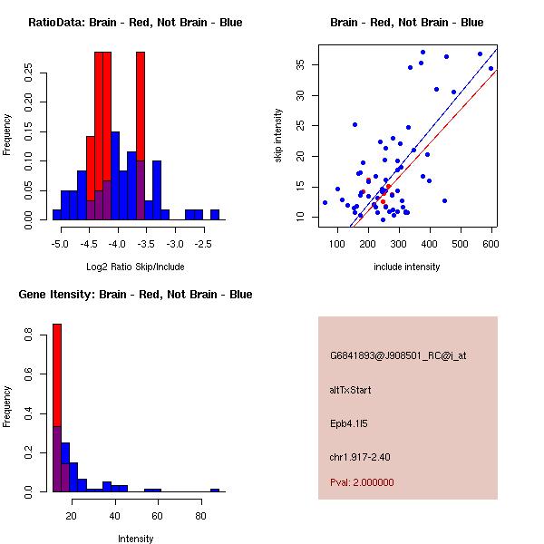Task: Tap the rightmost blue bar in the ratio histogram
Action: pyautogui.click(x=215, y=215)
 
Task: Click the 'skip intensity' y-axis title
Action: pyautogui.click(x=278, y=136)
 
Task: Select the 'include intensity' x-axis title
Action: pyautogui.click(x=407, y=267)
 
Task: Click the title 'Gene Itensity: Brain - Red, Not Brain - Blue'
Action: pyautogui.click(x=135, y=295)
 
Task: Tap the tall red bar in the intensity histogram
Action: pyautogui.click(x=56, y=381)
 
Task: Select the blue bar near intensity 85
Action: pyautogui.click(x=215, y=490)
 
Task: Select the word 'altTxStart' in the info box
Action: pyautogui.click(x=351, y=390)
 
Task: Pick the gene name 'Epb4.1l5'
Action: pyautogui.click(x=349, y=423)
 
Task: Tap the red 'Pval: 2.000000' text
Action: pyautogui.click(x=362, y=482)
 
